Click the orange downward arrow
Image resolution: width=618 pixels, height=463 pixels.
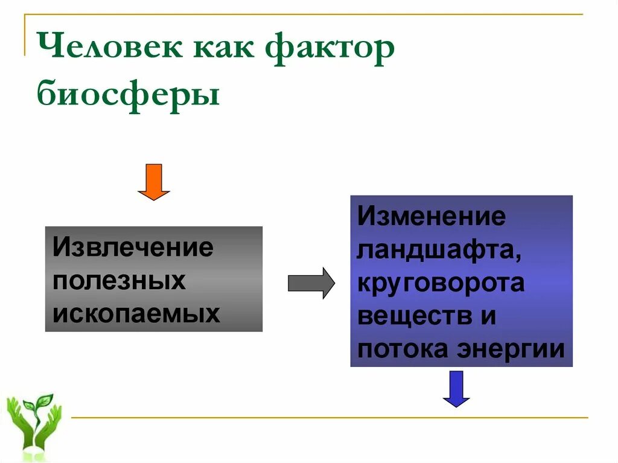coord(154,182)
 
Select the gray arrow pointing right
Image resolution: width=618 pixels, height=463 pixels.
coord(311,283)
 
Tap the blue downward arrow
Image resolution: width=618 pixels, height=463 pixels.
coord(456,388)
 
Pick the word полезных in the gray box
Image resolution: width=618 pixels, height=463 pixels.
coord(119,280)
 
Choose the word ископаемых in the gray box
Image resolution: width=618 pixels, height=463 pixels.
coord(136,313)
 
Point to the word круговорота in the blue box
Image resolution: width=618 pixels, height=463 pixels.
coord(441,283)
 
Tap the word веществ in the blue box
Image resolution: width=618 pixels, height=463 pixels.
coord(409,316)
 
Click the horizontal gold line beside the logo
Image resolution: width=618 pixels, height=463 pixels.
coord(329,417)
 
